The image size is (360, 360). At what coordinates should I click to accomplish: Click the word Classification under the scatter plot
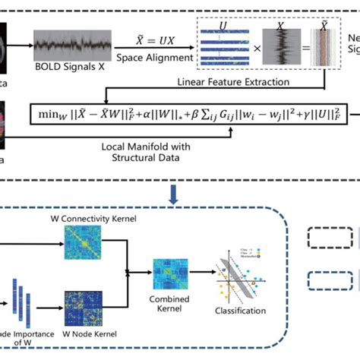[240, 311]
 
